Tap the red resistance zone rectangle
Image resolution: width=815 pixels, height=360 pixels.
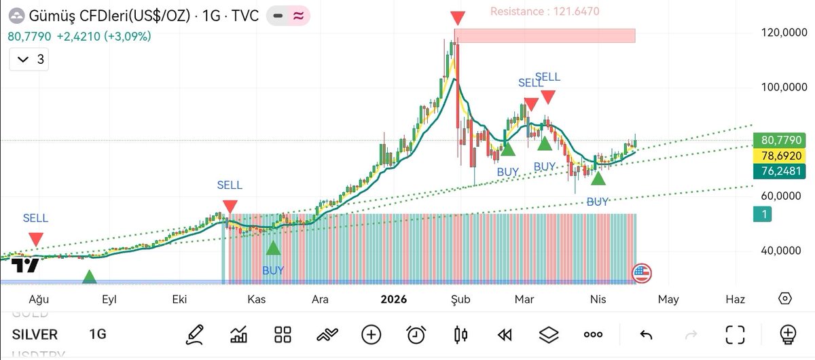click(x=545, y=35)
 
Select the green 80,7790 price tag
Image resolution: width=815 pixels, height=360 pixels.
click(x=782, y=141)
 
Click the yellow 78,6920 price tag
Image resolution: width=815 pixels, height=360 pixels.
click(x=782, y=156)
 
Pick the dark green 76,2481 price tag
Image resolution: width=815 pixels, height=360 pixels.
click(x=782, y=170)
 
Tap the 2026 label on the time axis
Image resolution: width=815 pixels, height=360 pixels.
click(x=394, y=299)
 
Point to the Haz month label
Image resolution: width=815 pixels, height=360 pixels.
click(x=735, y=299)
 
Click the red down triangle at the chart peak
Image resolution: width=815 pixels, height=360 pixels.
click(x=458, y=18)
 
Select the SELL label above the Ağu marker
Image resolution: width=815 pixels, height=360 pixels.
click(x=35, y=218)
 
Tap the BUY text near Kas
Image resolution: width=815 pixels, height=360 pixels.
click(x=274, y=270)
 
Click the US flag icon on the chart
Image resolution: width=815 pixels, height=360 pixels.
click(x=641, y=274)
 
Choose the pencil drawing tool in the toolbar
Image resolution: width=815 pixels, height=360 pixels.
click(x=195, y=334)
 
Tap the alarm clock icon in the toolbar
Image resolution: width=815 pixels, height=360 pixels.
click(x=416, y=334)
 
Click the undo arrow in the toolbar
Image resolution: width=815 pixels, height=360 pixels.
click(x=646, y=334)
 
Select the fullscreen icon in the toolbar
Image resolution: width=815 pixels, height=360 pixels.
click(x=735, y=334)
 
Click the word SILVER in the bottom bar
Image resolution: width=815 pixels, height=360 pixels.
click(x=35, y=334)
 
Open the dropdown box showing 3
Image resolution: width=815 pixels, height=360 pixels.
click(x=31, y=60)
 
